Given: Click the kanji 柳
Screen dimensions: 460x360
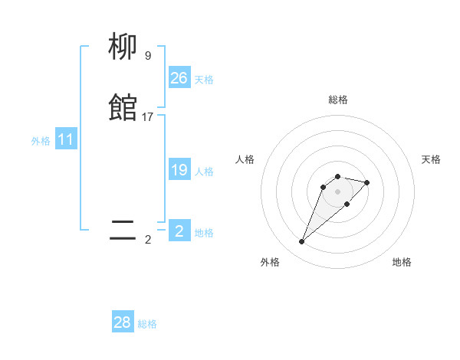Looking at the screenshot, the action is pyautogui.click(x=123, y=47).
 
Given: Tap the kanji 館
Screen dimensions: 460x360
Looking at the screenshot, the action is pyautogui.click(x=123, y=108).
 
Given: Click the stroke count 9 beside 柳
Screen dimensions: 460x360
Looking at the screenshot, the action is pyautogui.click(x=147, y=55).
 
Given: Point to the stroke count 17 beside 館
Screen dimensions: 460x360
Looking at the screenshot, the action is pyautogui.click(x=148, y=117).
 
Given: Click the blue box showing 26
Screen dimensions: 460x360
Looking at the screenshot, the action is pyautogui.click(x=179, y=78).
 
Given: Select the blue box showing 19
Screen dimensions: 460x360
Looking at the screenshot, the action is pyautogui.click(x=179, y=170).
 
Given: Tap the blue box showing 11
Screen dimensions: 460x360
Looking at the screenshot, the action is pyautogui.click(x=66, y=140).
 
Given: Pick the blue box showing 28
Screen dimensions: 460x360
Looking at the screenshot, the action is pyautogui.click(x=123, y=322).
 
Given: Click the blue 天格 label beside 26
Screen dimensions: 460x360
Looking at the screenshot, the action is pyautogui.click(x=204, y=80).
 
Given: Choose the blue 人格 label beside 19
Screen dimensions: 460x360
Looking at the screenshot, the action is pyautogui.click(x=204, y=172).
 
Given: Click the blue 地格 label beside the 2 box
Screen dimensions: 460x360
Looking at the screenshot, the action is pyautogui.click(x=204, y=233).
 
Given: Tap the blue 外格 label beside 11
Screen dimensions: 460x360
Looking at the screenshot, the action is pyautogui.click(x=41, y=141).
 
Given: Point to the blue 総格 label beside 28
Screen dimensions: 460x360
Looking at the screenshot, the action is pyautogui.click(x=147, y=324).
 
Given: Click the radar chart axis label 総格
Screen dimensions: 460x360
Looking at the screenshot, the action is pyautogui.click(x=337, y=100).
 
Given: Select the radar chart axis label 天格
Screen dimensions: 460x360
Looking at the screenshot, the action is pyautogui.click(x=431, y=159).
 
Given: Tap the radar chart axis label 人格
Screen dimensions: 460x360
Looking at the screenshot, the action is pyautogui.click(x=245, y=159).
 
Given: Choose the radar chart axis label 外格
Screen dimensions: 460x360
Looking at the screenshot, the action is pyautogui.click(x=270, y=262).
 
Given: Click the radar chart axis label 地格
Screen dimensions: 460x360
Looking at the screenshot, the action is pyautogui.click(x=402, y=262).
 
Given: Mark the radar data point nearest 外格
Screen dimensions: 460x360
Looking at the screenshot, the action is pyautogui.click(x=301, y=242).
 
